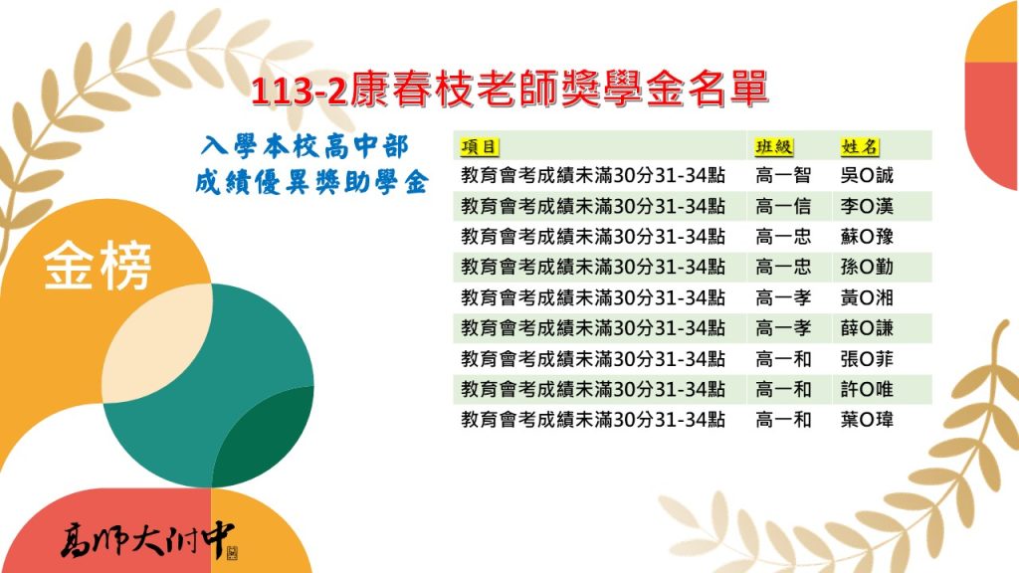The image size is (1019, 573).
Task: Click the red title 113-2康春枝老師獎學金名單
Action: click(x=510, y=89)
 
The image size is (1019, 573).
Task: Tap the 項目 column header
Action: click(x=479, y=147)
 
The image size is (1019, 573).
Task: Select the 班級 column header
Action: click(x=774, y=147)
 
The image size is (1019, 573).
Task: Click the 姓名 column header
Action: click(x=859, y=147)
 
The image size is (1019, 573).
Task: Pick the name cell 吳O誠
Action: click(x=867, y=175)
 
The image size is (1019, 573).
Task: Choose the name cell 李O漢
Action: click(x=867, y=206)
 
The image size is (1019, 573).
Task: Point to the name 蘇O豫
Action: click(x=867, y=237)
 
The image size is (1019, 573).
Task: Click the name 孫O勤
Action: click(x=867, y=267)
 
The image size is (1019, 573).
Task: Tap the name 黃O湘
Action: click(x=867, y=297)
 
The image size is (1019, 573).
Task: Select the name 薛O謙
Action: click(x=867, y=328)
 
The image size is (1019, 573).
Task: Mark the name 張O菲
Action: click(x=867, y=358)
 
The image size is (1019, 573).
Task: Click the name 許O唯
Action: click(x=867, y=389)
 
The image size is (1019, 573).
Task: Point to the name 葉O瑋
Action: click(x=867, y=420)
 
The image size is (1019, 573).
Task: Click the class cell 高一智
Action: click(x=783, y=175)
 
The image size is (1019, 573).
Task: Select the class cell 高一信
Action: click(x=783, y=206)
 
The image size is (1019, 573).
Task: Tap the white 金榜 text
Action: click(x=98, y=266)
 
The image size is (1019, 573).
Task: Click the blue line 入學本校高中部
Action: click(x=305, y=147)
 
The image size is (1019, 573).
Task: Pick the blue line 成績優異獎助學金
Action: click(x=311, y=183)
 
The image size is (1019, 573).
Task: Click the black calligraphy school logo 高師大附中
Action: click(x=149, y=540)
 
